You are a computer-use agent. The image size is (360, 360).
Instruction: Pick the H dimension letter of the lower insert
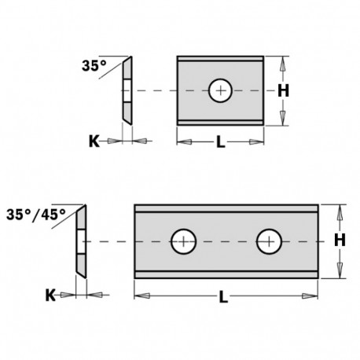coord(340,240)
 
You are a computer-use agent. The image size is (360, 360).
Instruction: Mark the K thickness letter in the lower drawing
coord(50,296)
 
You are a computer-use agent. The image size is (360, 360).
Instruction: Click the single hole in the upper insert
coord(220,90)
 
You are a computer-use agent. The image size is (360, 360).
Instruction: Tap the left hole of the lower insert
coord(184,240)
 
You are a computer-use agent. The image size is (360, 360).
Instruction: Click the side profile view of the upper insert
coord(127,90)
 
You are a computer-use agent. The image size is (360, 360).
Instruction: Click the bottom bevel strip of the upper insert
coord(220,121)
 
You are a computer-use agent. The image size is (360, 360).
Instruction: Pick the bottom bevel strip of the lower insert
coord(228,271)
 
